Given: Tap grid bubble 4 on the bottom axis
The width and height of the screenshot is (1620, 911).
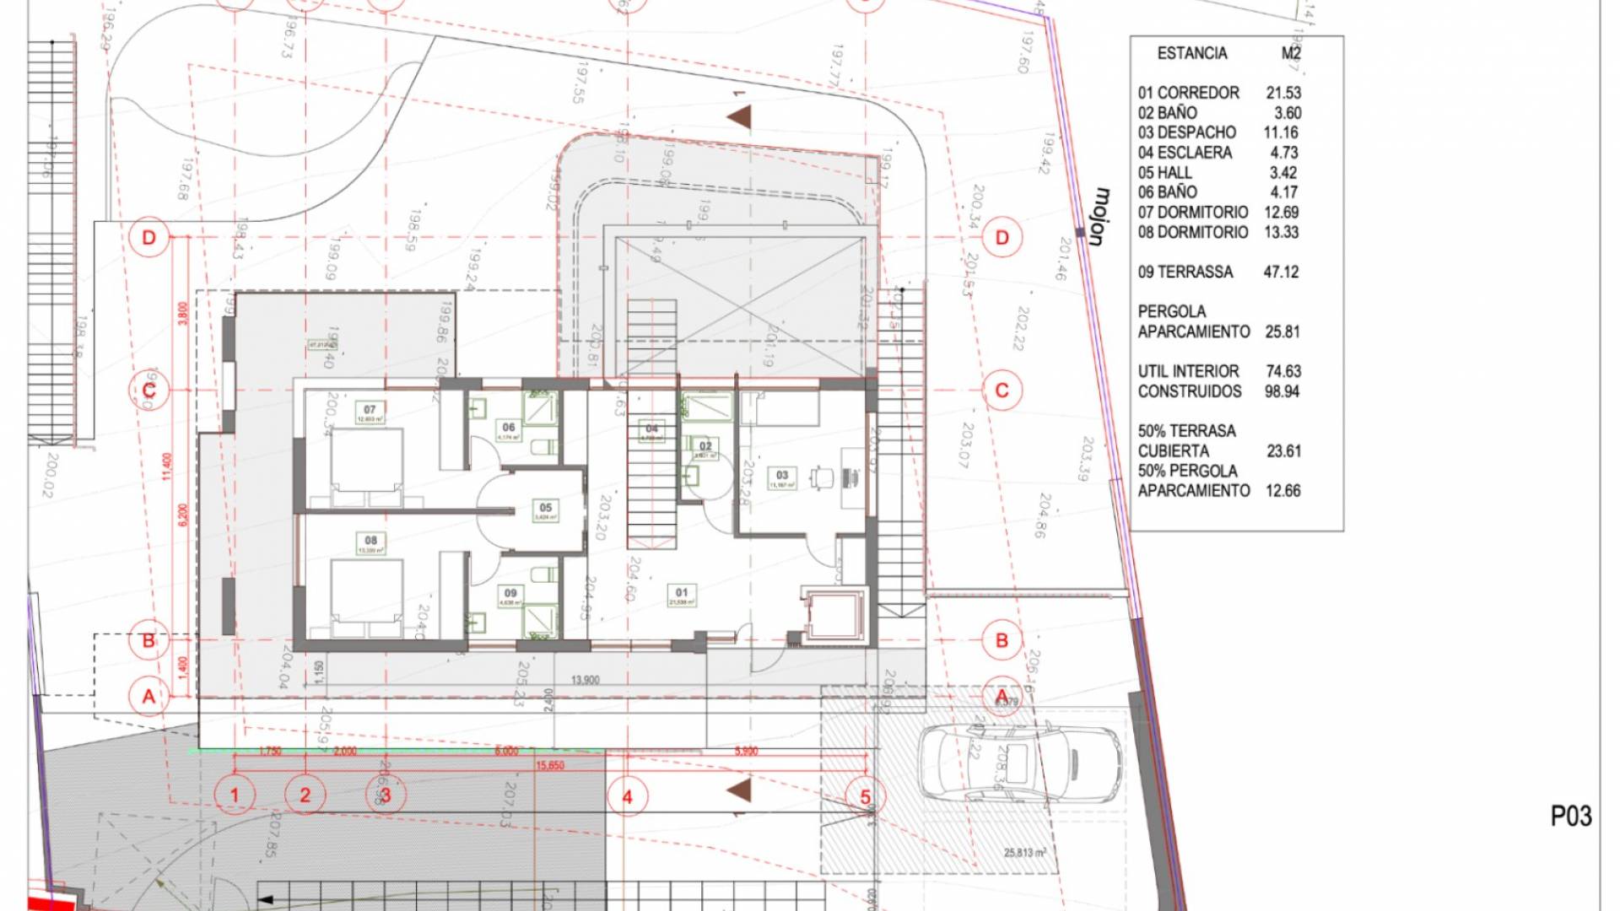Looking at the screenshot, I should [x=627, y=796].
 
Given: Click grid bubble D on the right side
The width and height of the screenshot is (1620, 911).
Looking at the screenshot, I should [x=1002, y=237].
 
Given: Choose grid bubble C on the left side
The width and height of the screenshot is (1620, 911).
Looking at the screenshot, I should [x=149, y=391].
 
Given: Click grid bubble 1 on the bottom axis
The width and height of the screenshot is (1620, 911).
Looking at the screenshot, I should [x=235, y=795].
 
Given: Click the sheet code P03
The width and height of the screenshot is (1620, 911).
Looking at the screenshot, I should [x=1571, y=816].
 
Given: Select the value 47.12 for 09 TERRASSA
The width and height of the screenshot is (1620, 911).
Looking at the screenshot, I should [x=1281, y=272].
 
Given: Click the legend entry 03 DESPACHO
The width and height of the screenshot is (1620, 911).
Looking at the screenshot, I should [x=1186, y=132].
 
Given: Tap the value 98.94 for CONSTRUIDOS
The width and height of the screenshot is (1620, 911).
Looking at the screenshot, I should [x=1282, y=391].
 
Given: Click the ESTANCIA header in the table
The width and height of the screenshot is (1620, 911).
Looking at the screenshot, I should [x=1191, y=53].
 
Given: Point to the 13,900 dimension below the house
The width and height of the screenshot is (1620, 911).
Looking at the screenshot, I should [x=585, y=679].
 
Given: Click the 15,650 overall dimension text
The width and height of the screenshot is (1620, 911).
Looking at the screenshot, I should [x=549, y=765].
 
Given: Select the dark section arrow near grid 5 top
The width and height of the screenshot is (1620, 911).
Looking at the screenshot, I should [x=740, y=116].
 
